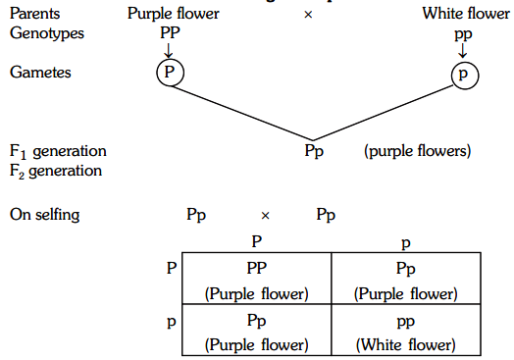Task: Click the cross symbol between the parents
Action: coord(308,15)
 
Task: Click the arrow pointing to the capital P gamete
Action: coord(169,49)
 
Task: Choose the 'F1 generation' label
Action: coord(58,152)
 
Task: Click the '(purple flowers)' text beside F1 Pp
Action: coord(415,152)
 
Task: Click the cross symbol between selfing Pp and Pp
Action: coord(265,214)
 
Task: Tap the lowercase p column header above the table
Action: coord(406,238)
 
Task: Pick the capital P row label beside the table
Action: coord(172,266)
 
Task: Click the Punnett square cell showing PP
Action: coord(256,279)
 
